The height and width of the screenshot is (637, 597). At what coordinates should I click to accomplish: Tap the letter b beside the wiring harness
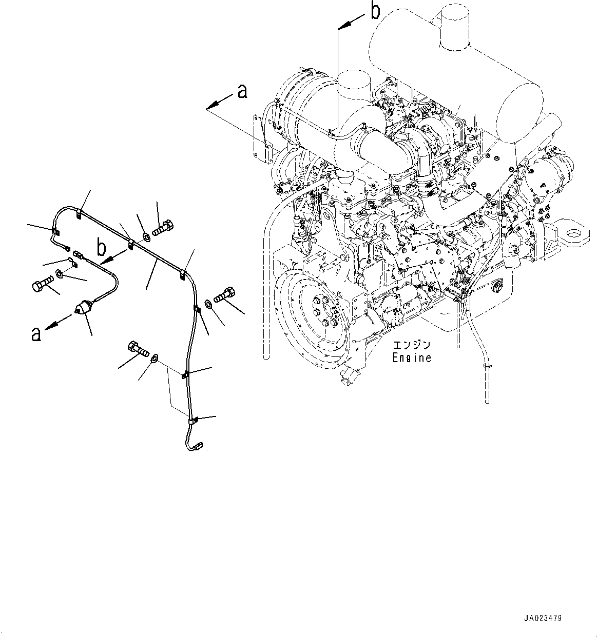click(102, 248)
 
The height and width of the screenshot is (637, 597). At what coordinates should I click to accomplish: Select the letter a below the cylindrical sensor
click(35, 334)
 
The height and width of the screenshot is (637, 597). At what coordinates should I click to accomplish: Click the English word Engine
click(412, 357)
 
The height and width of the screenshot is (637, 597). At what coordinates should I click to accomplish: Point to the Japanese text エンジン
click(412, 345)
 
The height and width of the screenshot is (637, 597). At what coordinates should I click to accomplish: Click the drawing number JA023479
click(543, 618)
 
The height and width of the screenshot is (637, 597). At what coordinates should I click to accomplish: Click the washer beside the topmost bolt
click(146, 236)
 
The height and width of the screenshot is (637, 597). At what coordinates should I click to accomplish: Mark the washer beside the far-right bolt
click(209, 304)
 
